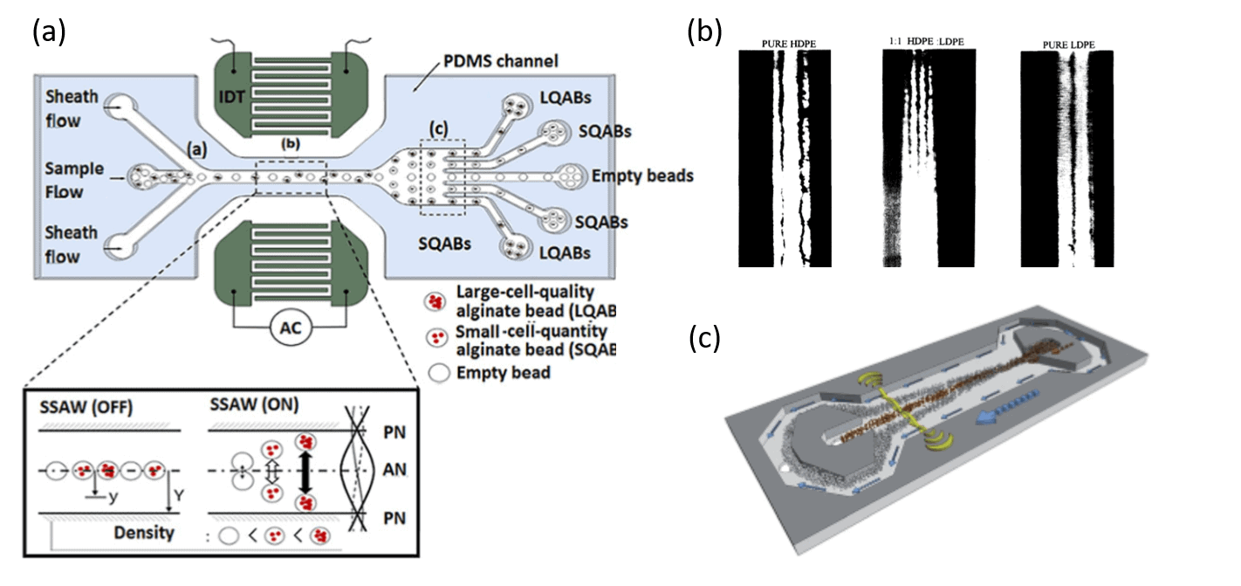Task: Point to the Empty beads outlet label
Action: click(x=642, y=176)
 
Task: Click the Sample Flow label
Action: click(x=74, y=179)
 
